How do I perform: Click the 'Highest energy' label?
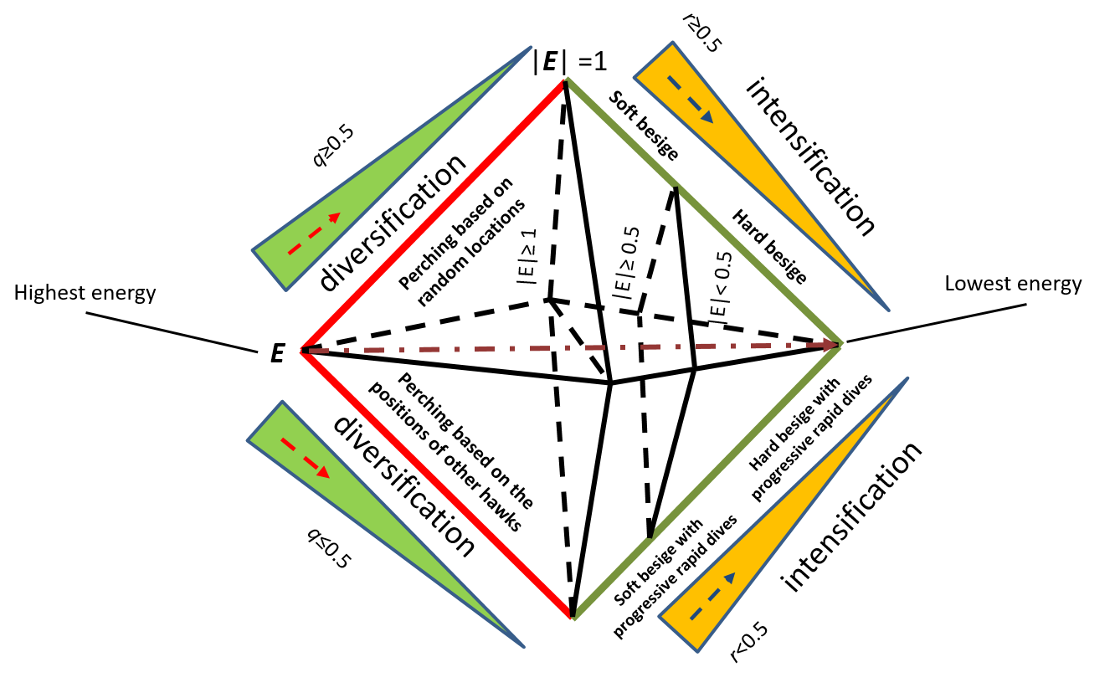click(x=85, y=293)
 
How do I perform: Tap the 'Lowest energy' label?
click(x=1013, y=284)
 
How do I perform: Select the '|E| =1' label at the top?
click(x=570, y=62)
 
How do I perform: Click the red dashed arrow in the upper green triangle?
click(x=314, y=232)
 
